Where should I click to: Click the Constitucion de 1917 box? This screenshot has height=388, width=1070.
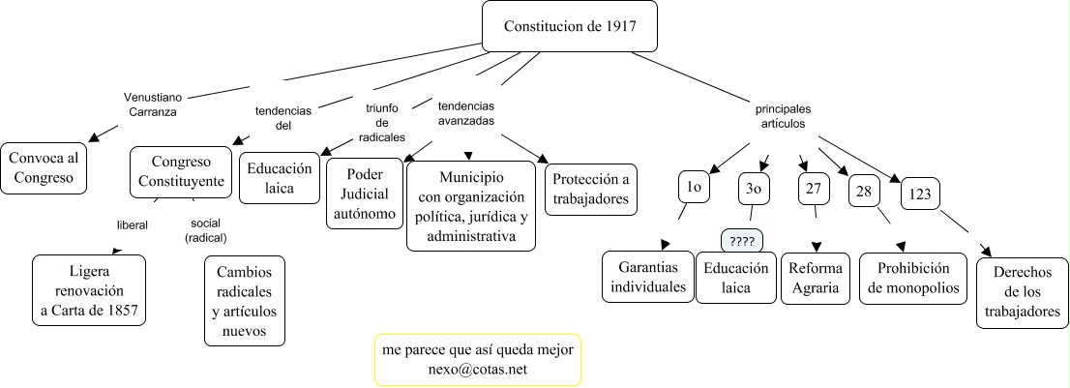[570, 25]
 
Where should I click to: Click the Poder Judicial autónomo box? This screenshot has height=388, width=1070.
[363, 194]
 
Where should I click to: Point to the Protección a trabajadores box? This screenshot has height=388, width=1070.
[591, 189]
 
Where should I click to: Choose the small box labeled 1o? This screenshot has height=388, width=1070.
[694, 187]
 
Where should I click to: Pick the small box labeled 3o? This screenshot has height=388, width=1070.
[754, 189]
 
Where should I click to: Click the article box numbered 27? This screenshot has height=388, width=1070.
[814, 188]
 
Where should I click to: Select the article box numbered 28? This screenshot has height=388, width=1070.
[864, 191]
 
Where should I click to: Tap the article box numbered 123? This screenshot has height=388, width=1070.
[921, 194]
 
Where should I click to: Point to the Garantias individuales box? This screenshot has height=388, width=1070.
[646, 276]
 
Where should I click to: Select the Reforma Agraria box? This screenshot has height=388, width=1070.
[816, 278]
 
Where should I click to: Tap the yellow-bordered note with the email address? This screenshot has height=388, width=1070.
[477, 360]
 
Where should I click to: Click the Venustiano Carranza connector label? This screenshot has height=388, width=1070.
[154, 104]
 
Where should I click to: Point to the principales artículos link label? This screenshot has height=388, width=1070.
[783, 116]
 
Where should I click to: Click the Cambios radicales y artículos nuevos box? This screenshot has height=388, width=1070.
[247, 299]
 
